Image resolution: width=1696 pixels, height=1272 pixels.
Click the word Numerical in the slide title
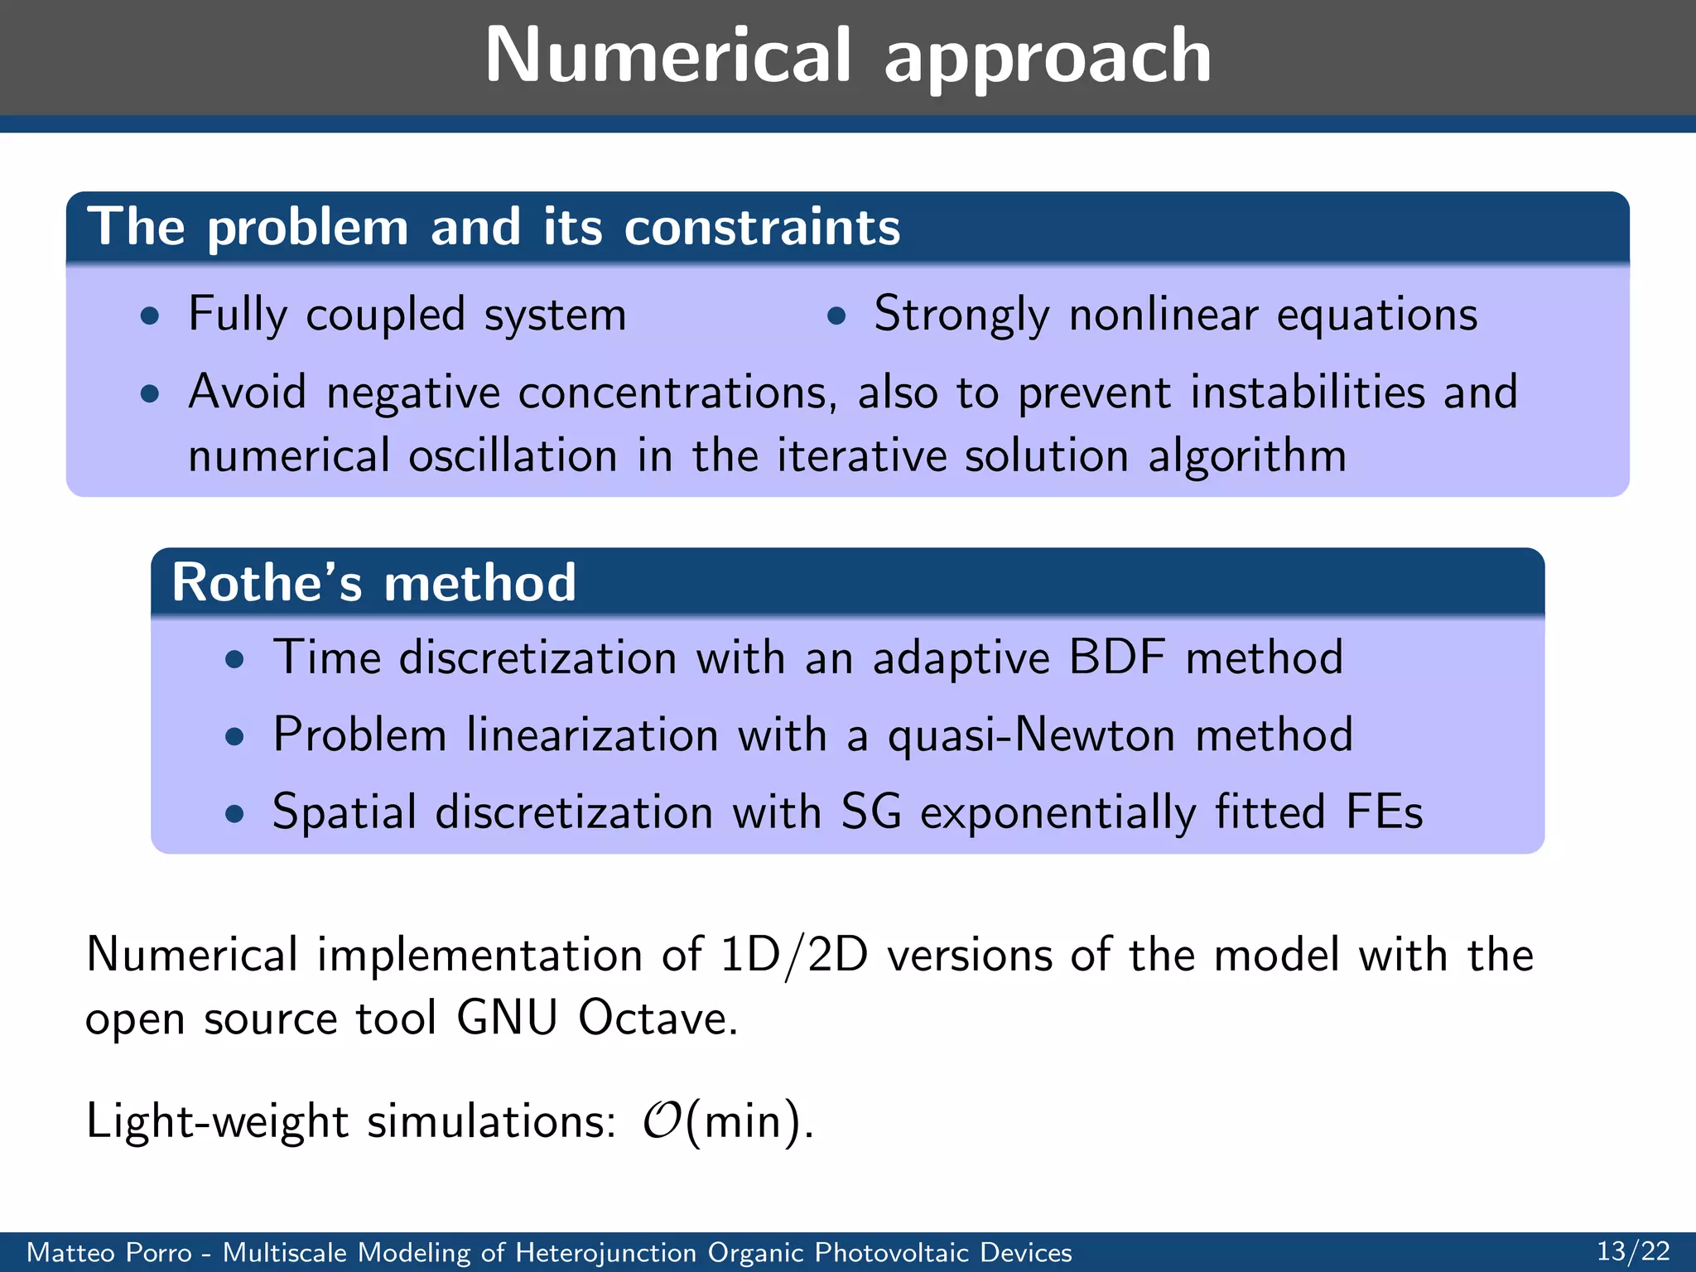pyautogui.click(x=667, y=55)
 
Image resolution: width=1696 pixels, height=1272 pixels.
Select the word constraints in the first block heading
pyautogui.click(x=762, y=227)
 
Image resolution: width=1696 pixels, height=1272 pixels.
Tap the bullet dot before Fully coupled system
pyautogui.click(x=150, y=316)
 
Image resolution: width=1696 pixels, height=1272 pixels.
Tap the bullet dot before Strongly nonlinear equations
pyautogui.click(x=836, y=316)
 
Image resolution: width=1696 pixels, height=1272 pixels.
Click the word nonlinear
pyautogui.click(x=1163, y=315)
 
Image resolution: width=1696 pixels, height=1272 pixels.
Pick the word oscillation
pyautogui.click(x=513, y=455)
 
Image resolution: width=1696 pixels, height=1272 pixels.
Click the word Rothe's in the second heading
pyautogui.click(x=267, y=582)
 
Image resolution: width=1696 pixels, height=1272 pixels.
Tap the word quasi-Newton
pyautogui.click(x=1032, y=735)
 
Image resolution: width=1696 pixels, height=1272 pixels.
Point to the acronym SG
pyautogui.click(x=871, y=812)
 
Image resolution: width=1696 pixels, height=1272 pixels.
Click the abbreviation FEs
pyautogui.click(x=1384, y=812)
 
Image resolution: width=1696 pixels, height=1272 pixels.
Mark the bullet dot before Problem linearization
pyautogui.click(x=235, y=736)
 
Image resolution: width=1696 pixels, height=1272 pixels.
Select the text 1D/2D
pyautogui.click(x=793, y=955)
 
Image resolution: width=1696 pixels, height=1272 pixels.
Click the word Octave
pyautogui.click(x=657, y=1018)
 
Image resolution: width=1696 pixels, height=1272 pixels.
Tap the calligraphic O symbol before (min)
pyautogui.click(x=662, y=1120)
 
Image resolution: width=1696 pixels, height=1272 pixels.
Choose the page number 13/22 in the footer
pyautogui.click(x=1633, y=1251)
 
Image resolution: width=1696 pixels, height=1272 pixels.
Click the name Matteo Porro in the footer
pyautogui.click(x=109, y=1252)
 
